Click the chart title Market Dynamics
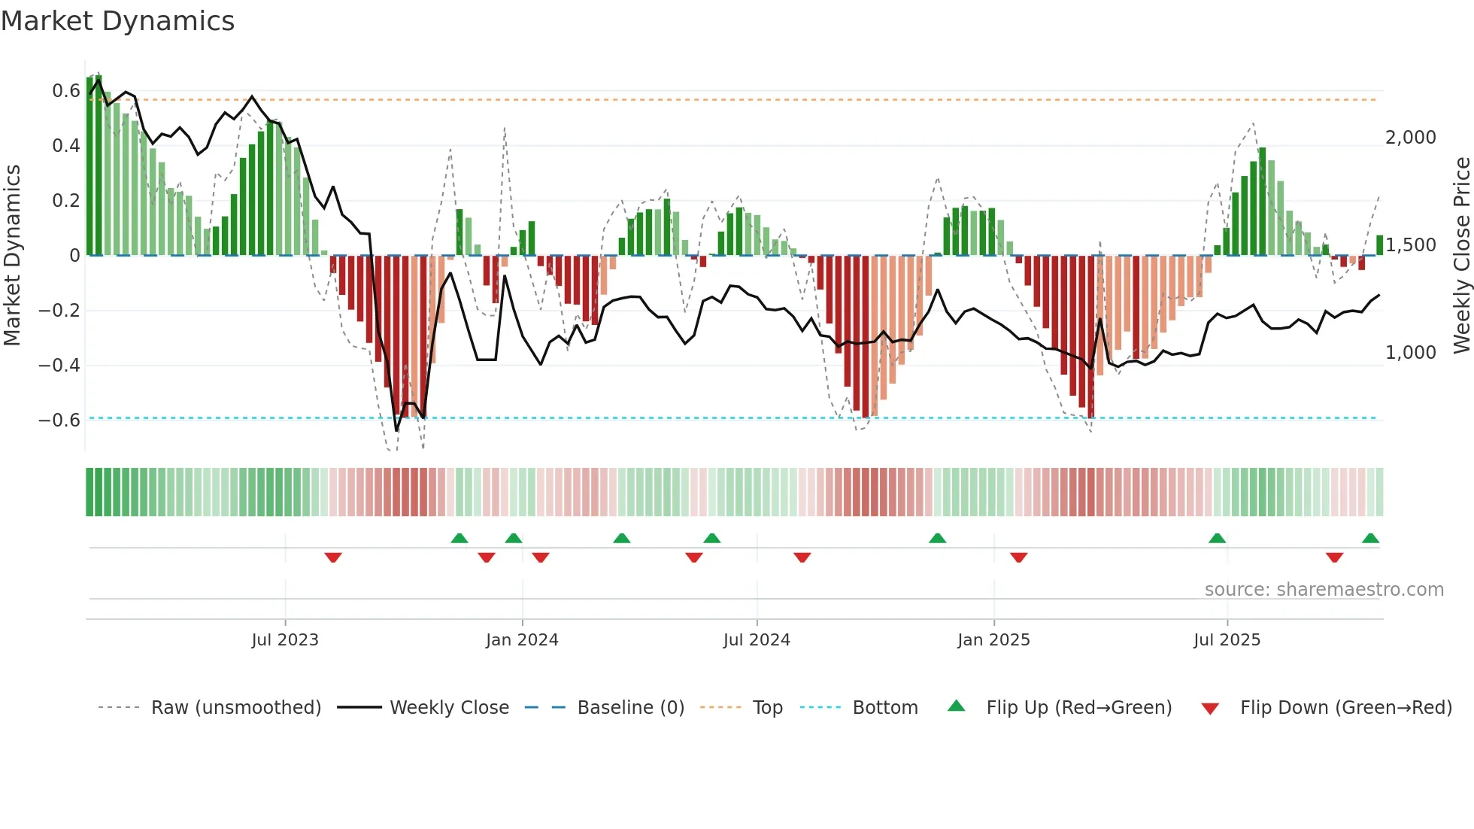pos(118,21)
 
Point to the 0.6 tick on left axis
pos(66,91)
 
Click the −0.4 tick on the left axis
pos(59,366)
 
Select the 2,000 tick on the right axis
pos(1410,138)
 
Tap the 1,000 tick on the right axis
pos(1410,353)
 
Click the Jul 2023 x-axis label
pos(285,640)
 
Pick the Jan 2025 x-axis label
pos(993,640)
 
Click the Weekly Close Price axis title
pos(1461,256)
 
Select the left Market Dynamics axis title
pos(12,256)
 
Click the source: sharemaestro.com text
pos(1324,590)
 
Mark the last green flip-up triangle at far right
pos(1370,539)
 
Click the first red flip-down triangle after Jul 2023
pos(333,557)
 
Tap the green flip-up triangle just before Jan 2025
pos(937,539)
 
